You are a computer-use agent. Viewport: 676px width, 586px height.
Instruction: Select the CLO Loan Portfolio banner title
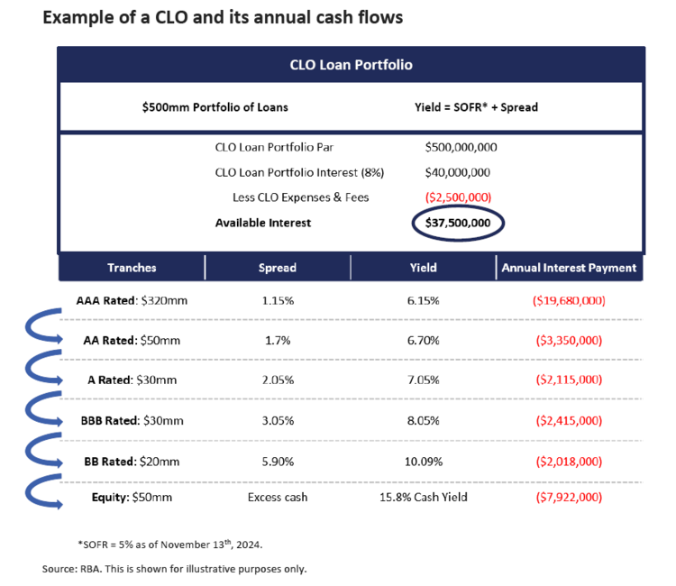coord(352,65)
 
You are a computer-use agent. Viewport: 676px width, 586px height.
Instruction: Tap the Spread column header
coord(277,268)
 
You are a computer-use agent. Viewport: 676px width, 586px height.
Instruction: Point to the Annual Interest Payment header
coord(569,268)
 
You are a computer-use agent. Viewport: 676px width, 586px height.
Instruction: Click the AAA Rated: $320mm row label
coord(132,300)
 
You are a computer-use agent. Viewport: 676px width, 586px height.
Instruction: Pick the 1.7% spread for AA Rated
coord(277,340)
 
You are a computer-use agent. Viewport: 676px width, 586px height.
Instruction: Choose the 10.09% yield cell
coord(422,462)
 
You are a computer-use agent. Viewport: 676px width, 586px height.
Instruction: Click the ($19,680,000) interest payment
coord(568,300)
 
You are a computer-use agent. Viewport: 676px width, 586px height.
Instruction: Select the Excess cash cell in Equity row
coord(277,497)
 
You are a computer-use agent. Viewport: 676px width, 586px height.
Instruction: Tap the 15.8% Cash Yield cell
coord(422,497)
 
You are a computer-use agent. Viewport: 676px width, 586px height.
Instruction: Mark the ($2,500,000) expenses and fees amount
coord(460,197)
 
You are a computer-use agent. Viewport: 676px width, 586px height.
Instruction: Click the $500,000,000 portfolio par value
coord(461,147)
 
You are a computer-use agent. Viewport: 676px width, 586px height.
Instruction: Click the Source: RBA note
coord(174,569)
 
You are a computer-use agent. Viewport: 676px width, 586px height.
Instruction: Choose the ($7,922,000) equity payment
coord(568,497)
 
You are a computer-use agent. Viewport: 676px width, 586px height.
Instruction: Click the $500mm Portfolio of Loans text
coord(215,107)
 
